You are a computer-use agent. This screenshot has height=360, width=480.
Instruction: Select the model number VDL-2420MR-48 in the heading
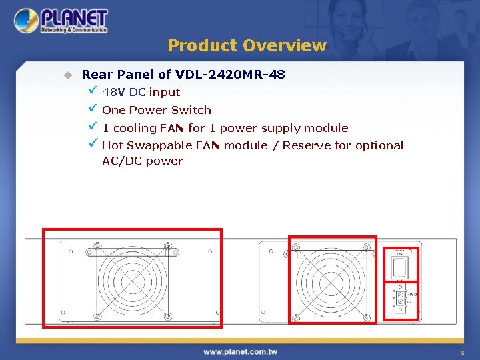(x=230, y=75)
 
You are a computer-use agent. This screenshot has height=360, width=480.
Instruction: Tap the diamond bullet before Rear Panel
(x=67, y=75)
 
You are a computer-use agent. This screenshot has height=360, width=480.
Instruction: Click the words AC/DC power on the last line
(x=142, y=161)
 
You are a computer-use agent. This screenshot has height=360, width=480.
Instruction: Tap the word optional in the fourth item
(x=379, y=145)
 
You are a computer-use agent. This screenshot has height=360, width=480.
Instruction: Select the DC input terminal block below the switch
(x=400, y=298)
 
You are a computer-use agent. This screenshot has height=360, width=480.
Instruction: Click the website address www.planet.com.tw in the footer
(x=240, y=351)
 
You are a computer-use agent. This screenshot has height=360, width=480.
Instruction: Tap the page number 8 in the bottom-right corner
(x=461, y=352)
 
